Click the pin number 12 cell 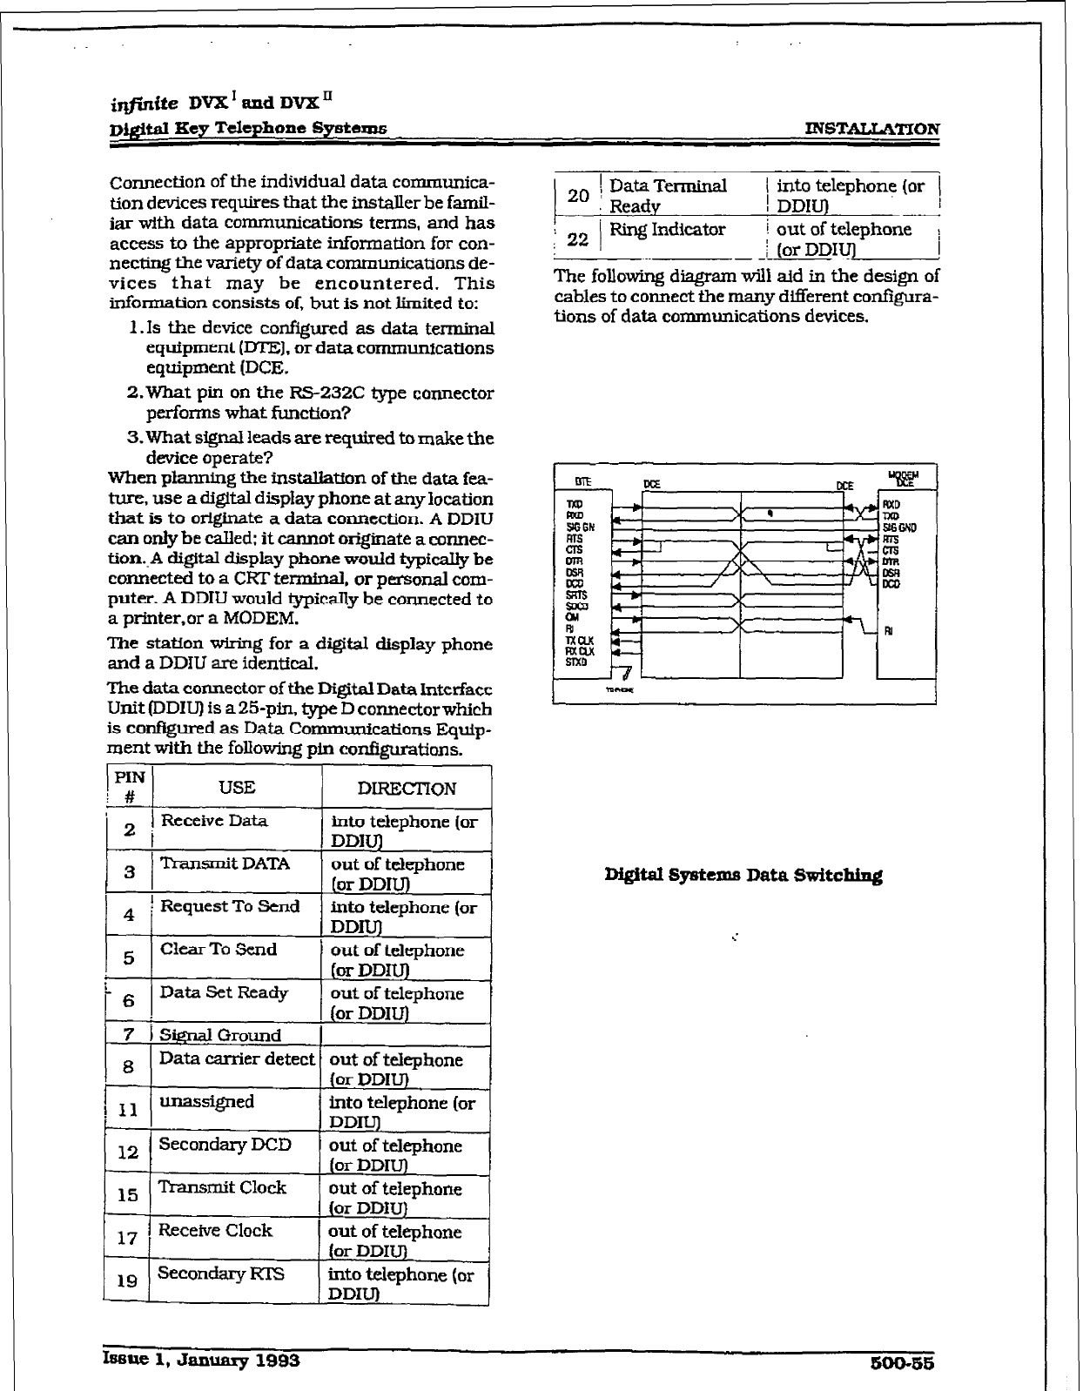tap(127, 1152)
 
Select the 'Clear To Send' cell tap(219, 949)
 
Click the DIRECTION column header tap(407, 789)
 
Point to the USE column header tap(237, 788)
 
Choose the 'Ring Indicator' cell tap(667, 230)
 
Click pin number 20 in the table tap(578, 196)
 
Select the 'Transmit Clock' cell tap(222, 1187)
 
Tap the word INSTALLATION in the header tap(872, 129)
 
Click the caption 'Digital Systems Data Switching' tap(743, 876)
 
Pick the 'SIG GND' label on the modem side tap(899, 528)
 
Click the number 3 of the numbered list tap(134, 438)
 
